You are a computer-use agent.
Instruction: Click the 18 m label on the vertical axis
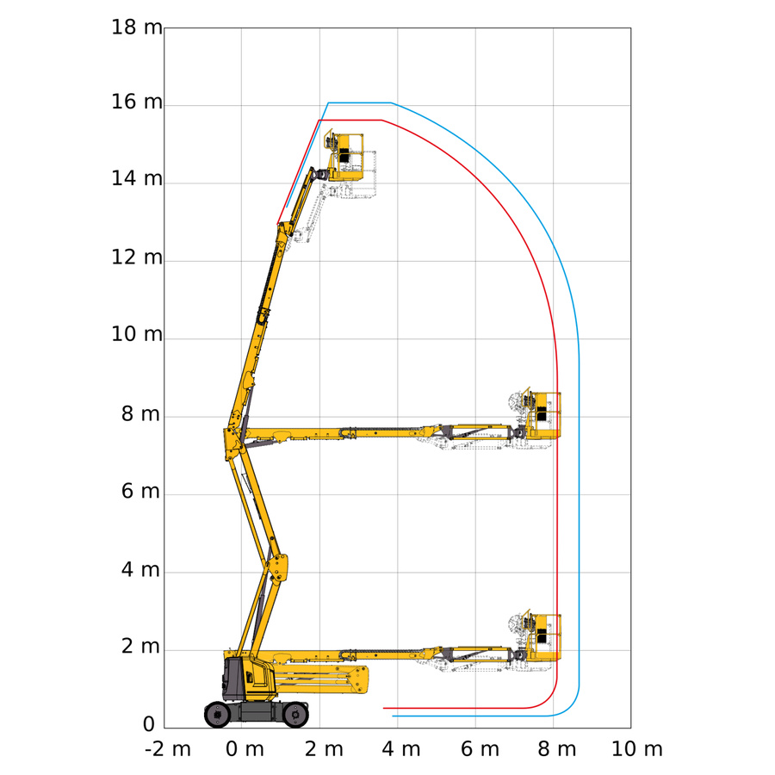point(137,28)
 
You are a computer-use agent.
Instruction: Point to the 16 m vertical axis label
point(137,102)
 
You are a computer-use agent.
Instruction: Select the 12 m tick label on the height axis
point(137,257)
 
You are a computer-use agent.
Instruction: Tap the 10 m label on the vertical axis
point(137,335)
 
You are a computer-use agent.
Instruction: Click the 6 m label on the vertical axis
point(141,492)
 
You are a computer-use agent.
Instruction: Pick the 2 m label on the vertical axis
point(141,646)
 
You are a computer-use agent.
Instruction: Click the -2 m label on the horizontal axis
point(168,749)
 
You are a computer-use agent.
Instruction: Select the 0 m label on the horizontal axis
point(245,749)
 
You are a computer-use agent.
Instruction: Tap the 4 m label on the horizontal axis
point(400,749)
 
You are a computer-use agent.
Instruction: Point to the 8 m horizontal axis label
point(557,749)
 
